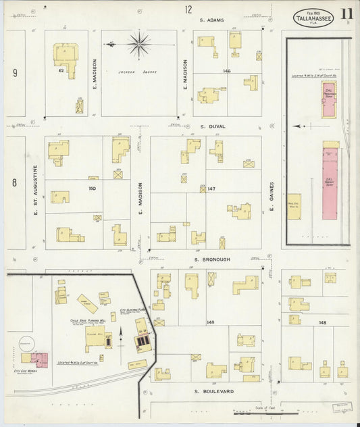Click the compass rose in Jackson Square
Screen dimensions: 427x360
pyautogui.click(x=139, y=45)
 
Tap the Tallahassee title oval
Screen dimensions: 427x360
pyautogui.click(x=313, y=18)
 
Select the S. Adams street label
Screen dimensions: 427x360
pyautogui.click(x=211, y=20)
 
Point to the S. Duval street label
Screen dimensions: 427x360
pyautogui.click(x=213, y=126)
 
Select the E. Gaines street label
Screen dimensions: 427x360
pyautogui.click(x=272, y=197)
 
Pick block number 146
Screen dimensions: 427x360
pyautogui.click(x=227, y=70)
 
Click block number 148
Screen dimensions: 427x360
pyautogui.click(x=323, y=322)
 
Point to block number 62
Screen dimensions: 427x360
pyautogui.click(x=61, y=70)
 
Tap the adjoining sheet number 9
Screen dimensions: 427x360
pyautogui.click(x=14, y=72)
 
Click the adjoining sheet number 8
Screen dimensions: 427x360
pyautogui.click(x=14, y=182)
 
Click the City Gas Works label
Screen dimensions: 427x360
pyautogui.click(x=25, y=370)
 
